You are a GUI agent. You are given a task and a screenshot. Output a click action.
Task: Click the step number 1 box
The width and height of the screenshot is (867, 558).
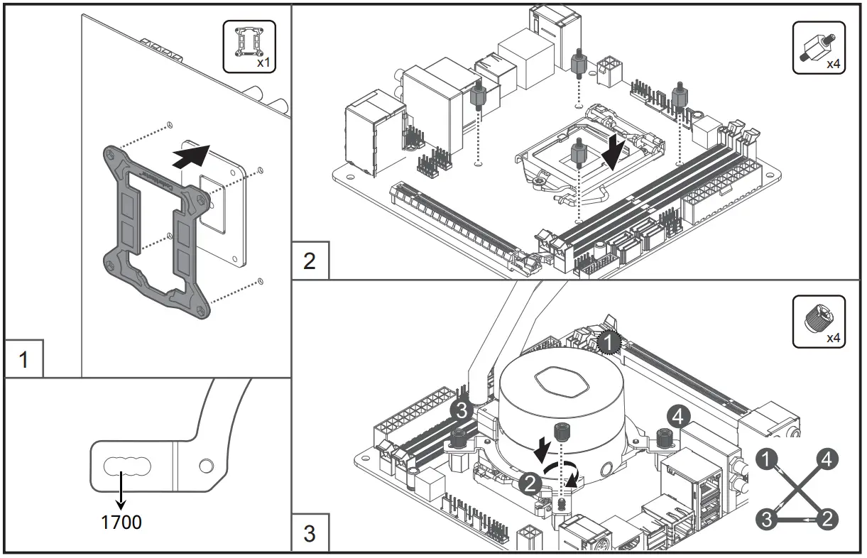pos(23,359)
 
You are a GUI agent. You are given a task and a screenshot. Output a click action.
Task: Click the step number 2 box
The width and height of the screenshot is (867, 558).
pos(310,261)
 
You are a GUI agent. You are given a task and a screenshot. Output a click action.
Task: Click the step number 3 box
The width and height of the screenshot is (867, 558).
pos(310,532)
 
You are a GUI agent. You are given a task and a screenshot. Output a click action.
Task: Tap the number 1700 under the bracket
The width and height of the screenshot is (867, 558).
pos(121,523)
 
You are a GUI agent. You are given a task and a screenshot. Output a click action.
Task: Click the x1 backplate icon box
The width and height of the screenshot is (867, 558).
pos(249,46)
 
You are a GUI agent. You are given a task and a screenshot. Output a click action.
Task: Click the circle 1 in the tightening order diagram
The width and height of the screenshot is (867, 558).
pos(767,459)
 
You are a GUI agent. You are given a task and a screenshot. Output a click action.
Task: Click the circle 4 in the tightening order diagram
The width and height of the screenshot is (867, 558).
pos(826,459)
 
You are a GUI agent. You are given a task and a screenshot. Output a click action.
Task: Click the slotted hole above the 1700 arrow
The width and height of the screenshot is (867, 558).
pos(127,466)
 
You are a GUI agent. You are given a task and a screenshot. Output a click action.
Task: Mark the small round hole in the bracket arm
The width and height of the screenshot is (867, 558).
pos(206,466)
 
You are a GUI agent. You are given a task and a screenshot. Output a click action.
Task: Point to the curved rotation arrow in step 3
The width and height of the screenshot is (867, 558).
pos(565,474)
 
